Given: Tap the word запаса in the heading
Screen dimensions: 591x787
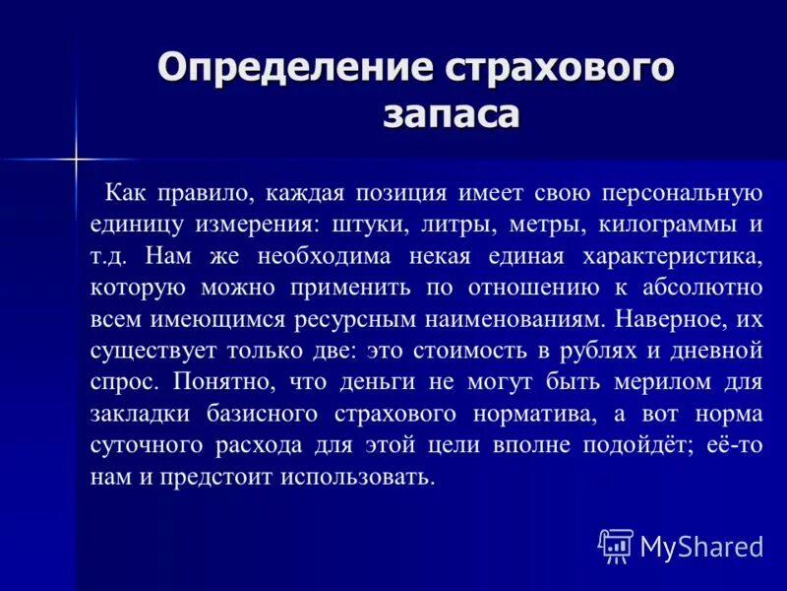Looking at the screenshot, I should point(450,115).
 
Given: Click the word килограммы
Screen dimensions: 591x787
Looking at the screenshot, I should point(669,224).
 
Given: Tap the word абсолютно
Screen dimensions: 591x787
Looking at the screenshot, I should point(700,289).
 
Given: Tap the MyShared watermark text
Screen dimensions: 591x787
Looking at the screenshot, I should point(701,546).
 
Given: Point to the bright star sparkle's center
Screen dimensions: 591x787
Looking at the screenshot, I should point(76,158).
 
